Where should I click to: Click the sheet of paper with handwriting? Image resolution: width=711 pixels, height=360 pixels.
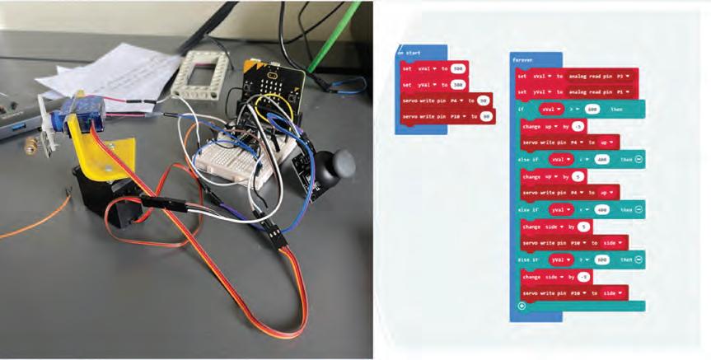(x=107, y=71)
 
